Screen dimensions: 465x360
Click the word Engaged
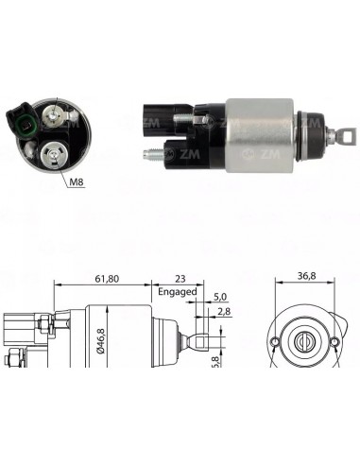click(177, 291)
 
